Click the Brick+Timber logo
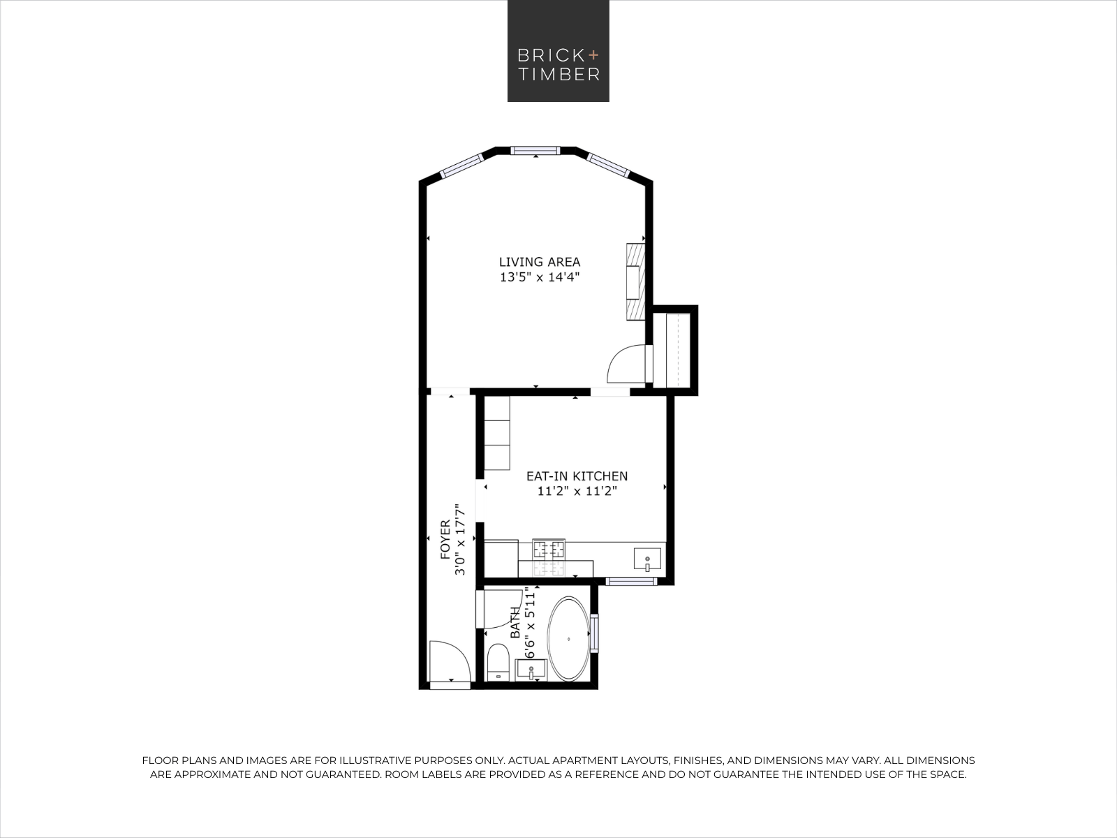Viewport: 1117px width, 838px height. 558,51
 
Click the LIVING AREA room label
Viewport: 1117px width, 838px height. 540,262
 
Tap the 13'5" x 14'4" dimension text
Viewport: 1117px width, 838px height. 540,277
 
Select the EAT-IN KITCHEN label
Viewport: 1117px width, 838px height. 577,476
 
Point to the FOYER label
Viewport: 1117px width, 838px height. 445,539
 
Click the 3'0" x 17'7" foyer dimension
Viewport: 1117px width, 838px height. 460,539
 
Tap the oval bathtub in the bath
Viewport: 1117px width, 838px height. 568,639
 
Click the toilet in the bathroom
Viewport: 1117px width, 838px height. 498,662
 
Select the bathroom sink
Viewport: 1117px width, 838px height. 531,669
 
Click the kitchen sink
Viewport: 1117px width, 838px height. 647,559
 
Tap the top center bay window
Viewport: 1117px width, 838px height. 535,151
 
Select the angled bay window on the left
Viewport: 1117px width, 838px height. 461,166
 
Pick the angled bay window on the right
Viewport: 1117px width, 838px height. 608,166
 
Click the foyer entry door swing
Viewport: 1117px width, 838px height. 450,661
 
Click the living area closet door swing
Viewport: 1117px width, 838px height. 626,364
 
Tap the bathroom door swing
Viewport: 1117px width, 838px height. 503,609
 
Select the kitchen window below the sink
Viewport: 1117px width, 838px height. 631,582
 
